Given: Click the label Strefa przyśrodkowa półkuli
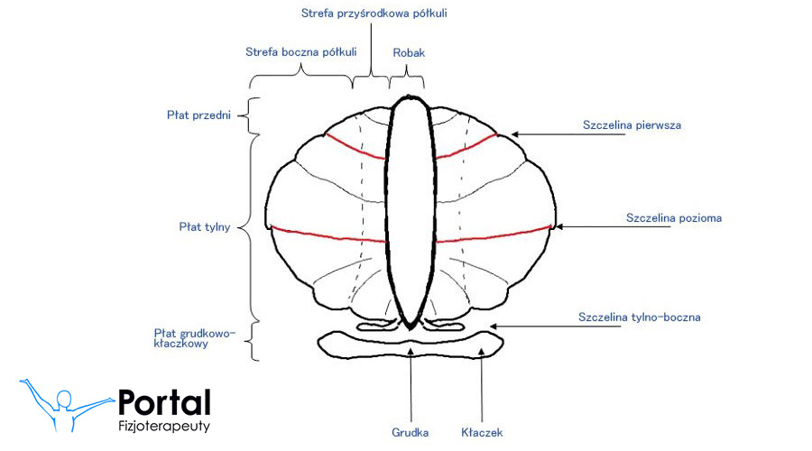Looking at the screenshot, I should click(374, 14).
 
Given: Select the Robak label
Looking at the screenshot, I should click(409, 53).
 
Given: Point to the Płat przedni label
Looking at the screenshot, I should click(199, 115).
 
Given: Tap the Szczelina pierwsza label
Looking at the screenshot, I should click(632, 125).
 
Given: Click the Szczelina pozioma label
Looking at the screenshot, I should click(674, 217).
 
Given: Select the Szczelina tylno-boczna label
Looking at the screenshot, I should click(639, 317).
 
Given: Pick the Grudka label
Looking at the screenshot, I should click(411, 432).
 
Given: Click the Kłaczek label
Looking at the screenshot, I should click(481, 432).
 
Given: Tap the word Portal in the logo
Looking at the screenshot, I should click(164, 403).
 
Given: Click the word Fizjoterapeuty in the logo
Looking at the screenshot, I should click(164, 426).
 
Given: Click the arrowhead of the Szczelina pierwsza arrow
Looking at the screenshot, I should click(515, 134).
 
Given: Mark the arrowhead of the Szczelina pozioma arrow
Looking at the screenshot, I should click(558, 225).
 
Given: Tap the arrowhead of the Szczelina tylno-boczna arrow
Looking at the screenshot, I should click(493, 326).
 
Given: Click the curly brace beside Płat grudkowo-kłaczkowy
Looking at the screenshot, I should click(254, 341).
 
